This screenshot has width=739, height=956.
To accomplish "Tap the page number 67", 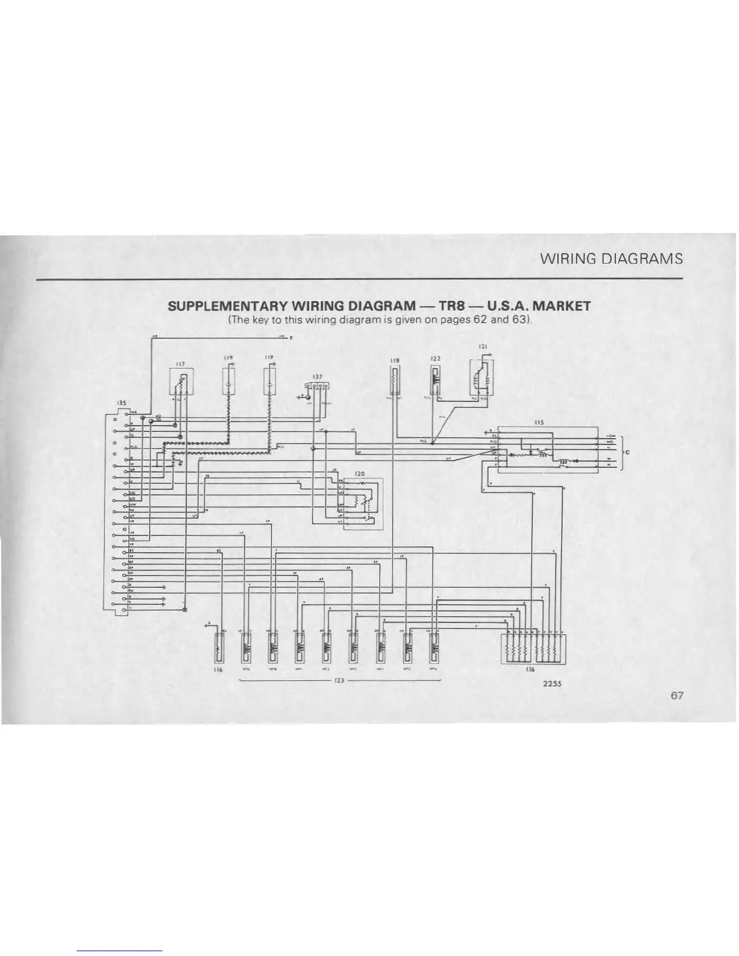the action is [676, 695].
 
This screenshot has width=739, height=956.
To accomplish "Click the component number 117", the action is [179, 364].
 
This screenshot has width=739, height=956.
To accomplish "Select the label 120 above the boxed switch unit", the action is [360, 473].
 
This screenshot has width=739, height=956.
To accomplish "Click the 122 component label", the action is [434, 358].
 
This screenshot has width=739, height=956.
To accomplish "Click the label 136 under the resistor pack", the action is [530, 669].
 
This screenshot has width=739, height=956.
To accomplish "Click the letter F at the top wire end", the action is [292, 338].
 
